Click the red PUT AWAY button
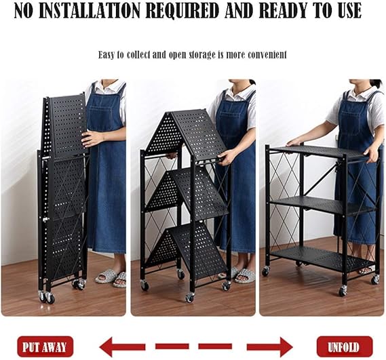pos(45,346)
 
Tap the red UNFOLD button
pos(345,346)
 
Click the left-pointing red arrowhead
pos(107,346)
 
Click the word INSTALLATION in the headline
pos(89,11)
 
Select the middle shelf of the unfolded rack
pos(323,205)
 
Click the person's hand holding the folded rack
pos(92,139)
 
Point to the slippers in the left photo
pos(111,277)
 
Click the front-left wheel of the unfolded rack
pos(266,271)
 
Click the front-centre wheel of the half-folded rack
pos(189,298)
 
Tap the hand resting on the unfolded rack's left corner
pos(295,142)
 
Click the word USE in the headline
pos(350,11)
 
